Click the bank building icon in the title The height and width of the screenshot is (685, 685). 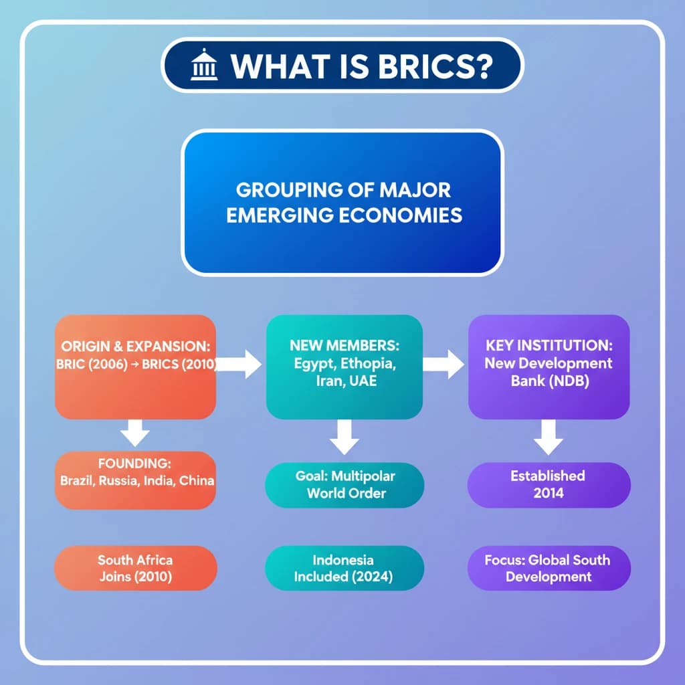pyautogui.click(x=204, y=65)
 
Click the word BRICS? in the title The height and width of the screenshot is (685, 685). pyautogui.click(x=435, y=66)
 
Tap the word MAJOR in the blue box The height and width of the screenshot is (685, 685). pyautogui.click(x=415, y=190)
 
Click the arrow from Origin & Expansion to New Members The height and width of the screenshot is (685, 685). pyautogui.click(x=239, y=364)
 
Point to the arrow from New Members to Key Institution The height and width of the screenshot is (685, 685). pyautogui.click(x=443, y=364)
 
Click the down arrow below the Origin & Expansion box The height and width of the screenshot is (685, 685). pyautogui.click(x=135, y=433)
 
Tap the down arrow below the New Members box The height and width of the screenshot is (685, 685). pyautogui.click(x=345, y=437)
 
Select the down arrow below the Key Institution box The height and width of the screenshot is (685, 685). pyautogui.click(x=549, y=437)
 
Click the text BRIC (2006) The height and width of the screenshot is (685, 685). pyautogui.click(x=92, y=365)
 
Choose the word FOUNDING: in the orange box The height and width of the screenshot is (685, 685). pyautogui.click(x=134, y=464)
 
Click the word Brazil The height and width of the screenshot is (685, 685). pyautogui.click(x=77, y=480)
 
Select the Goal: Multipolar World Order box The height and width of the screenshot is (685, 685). pyautogui.click(x=345, y=485)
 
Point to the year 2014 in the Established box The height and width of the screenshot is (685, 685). pyautogui.click(x=549, y=493)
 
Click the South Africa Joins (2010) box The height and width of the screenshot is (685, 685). pyautogui.click(x=135, y=568)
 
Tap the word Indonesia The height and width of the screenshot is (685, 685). pyautogui.click(x=343, y=560)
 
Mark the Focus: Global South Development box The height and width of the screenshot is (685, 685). pyautogui.click(x=549, y=568)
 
